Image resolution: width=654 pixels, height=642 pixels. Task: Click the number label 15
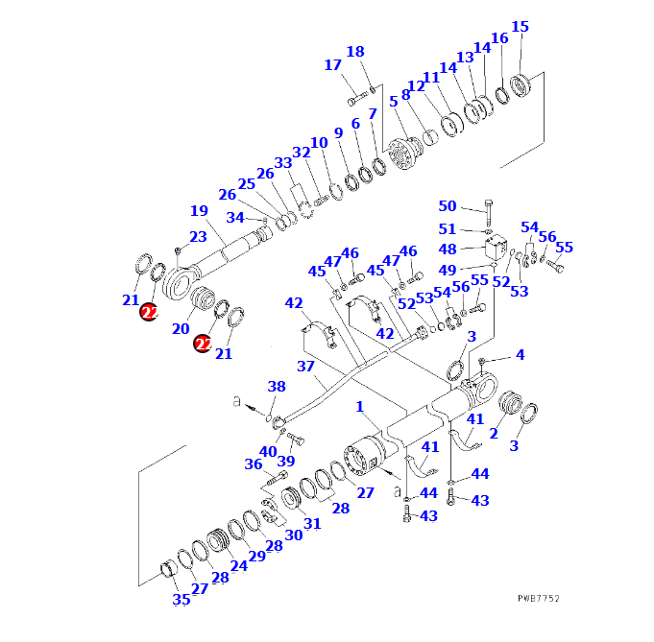520,27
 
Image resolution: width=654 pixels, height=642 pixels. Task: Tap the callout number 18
355,52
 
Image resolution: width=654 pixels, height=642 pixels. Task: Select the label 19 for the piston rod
199,211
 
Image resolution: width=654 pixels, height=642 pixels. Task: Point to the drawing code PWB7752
538,598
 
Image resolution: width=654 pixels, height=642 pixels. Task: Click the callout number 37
305,366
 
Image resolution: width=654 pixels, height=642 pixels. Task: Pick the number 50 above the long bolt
448,206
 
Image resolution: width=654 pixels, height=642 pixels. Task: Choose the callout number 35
182,600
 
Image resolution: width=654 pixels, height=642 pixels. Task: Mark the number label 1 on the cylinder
360,407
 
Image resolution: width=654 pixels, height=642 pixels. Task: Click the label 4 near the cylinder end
520,355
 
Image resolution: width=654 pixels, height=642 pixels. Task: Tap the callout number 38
277,387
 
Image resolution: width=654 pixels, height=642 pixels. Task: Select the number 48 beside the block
448,249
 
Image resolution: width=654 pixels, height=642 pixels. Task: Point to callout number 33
282,164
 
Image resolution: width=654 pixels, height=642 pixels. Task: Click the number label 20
181,329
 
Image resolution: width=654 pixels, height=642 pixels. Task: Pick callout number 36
254,464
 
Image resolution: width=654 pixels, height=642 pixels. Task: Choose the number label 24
238,565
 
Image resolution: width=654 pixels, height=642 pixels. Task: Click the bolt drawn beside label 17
358,98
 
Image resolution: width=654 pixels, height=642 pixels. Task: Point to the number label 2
493,434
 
